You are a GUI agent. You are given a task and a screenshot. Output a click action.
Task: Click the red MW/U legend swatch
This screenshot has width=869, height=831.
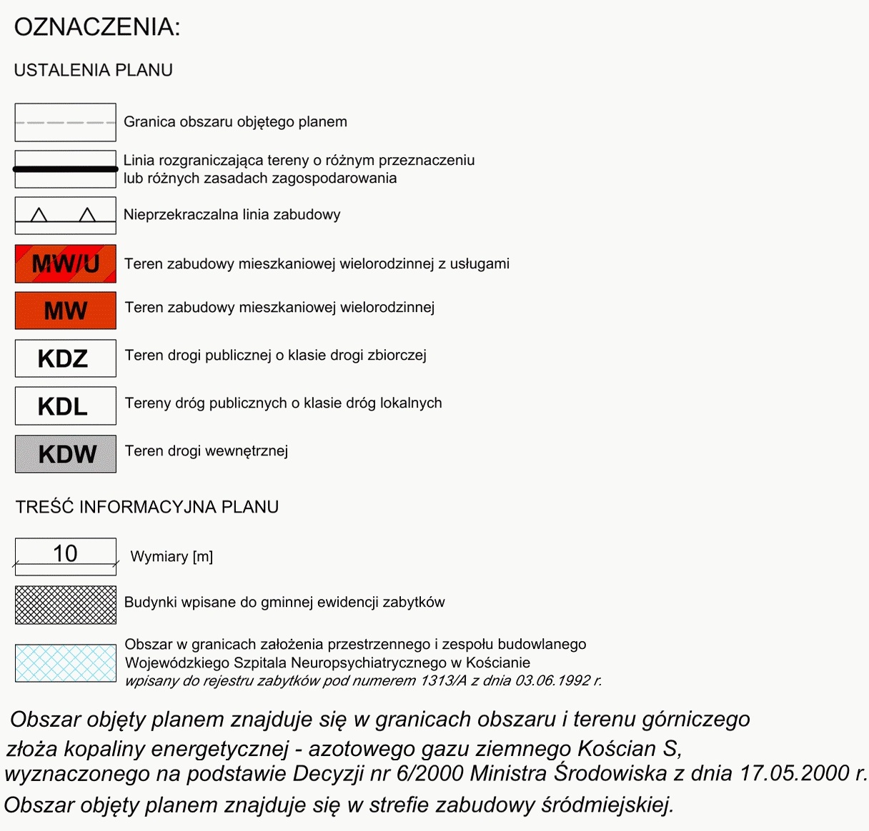click(65, 263)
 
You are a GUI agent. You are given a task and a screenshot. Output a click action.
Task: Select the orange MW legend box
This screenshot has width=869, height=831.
click(65, 311)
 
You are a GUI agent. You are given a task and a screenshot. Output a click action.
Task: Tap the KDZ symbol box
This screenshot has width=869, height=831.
click(65, 358)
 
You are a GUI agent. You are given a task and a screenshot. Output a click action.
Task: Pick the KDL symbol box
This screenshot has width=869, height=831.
click(65, 406)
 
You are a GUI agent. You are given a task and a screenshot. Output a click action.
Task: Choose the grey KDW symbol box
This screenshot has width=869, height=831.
click(65, 454)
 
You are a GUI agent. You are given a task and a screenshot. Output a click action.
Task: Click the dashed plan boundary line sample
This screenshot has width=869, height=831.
click(65, 123)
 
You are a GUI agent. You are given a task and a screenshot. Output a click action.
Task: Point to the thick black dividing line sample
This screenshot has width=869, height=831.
click(65, 169)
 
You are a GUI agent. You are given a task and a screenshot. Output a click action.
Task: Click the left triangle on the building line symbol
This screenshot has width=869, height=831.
click(39, 215)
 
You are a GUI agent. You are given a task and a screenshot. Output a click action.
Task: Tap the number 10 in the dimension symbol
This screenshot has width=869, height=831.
click(65, 553)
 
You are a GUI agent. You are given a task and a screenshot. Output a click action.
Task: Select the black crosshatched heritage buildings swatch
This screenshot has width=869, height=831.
click(65, 605)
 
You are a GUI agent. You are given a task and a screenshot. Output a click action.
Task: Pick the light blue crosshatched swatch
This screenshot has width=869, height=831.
click(65, 663)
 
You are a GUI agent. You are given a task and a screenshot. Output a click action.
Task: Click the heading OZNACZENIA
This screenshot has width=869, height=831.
click(97, 27)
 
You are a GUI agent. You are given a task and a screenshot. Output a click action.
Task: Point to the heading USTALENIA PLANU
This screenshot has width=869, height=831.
click(93, 70)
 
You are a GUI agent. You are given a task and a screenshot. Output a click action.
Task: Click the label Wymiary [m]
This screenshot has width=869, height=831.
click(172, 557)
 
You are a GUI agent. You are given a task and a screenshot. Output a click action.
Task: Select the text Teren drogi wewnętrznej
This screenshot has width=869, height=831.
click(207, 451)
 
